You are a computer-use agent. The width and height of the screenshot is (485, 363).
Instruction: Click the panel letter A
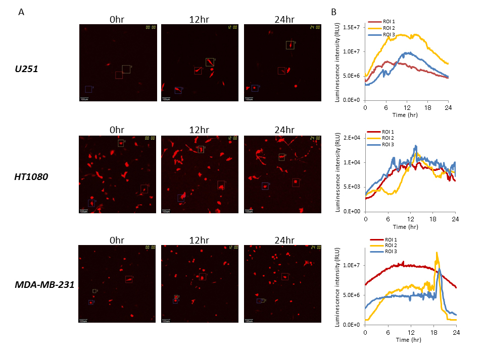(21, 12)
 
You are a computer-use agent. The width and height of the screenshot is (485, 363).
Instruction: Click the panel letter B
(334, 12)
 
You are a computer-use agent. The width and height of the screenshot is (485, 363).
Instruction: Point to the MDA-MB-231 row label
(45, 285)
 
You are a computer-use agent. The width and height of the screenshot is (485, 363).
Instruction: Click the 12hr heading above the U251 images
(200, 20)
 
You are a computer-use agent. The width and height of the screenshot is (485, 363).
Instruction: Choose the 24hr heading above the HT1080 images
(283, 130)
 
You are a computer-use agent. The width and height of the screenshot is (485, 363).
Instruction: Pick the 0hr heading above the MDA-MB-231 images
(117, 240)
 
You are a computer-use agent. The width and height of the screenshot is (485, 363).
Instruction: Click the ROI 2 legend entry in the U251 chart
(389, 28)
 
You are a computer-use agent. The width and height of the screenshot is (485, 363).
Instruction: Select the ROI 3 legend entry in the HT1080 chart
(389, 145)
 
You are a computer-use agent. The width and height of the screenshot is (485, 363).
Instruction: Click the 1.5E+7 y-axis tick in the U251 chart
(352, 27)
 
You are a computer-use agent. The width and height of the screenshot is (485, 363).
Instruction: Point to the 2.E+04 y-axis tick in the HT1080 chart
(352, 138)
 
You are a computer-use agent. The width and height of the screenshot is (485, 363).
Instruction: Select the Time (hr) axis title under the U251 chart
(406, 115)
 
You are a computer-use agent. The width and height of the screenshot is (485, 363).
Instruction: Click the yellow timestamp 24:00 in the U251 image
(315, 27)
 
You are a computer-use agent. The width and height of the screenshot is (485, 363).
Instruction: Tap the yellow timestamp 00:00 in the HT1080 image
(150, 138)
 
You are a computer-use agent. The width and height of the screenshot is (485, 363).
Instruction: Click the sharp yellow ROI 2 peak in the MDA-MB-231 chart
(436, 253)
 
